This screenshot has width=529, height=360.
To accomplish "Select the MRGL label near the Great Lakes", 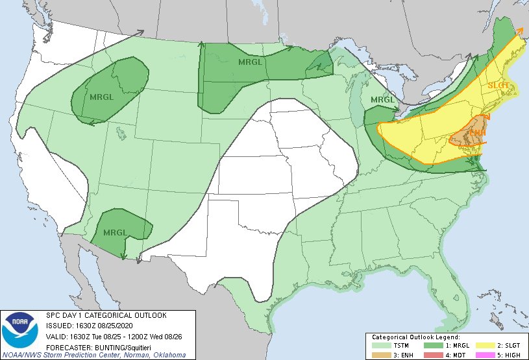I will [382, 100].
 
